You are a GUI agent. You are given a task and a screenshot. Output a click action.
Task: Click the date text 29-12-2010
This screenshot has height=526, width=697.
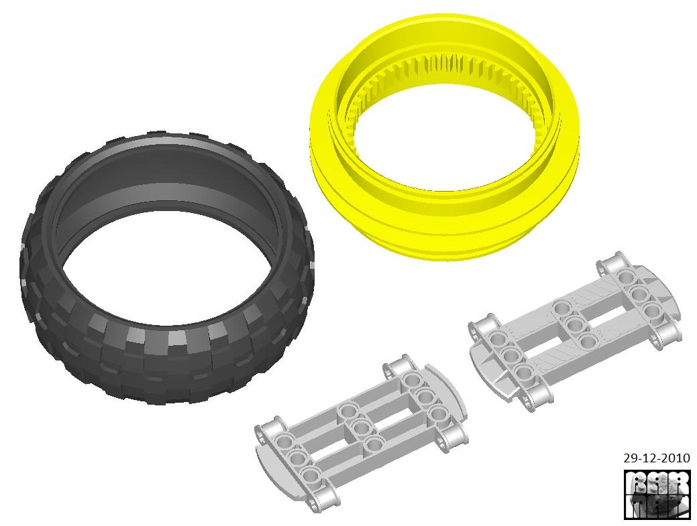[656, 459]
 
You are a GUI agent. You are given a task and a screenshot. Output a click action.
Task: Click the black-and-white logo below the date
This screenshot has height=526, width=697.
[656, 495]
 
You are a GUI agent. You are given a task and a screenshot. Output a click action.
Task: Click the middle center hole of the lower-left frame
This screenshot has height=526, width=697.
[361, 427]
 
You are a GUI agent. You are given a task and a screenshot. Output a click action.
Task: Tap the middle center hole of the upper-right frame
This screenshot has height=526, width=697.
[574, 326]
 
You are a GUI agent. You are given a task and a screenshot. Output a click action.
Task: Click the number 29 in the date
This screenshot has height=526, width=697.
[629, 459]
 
